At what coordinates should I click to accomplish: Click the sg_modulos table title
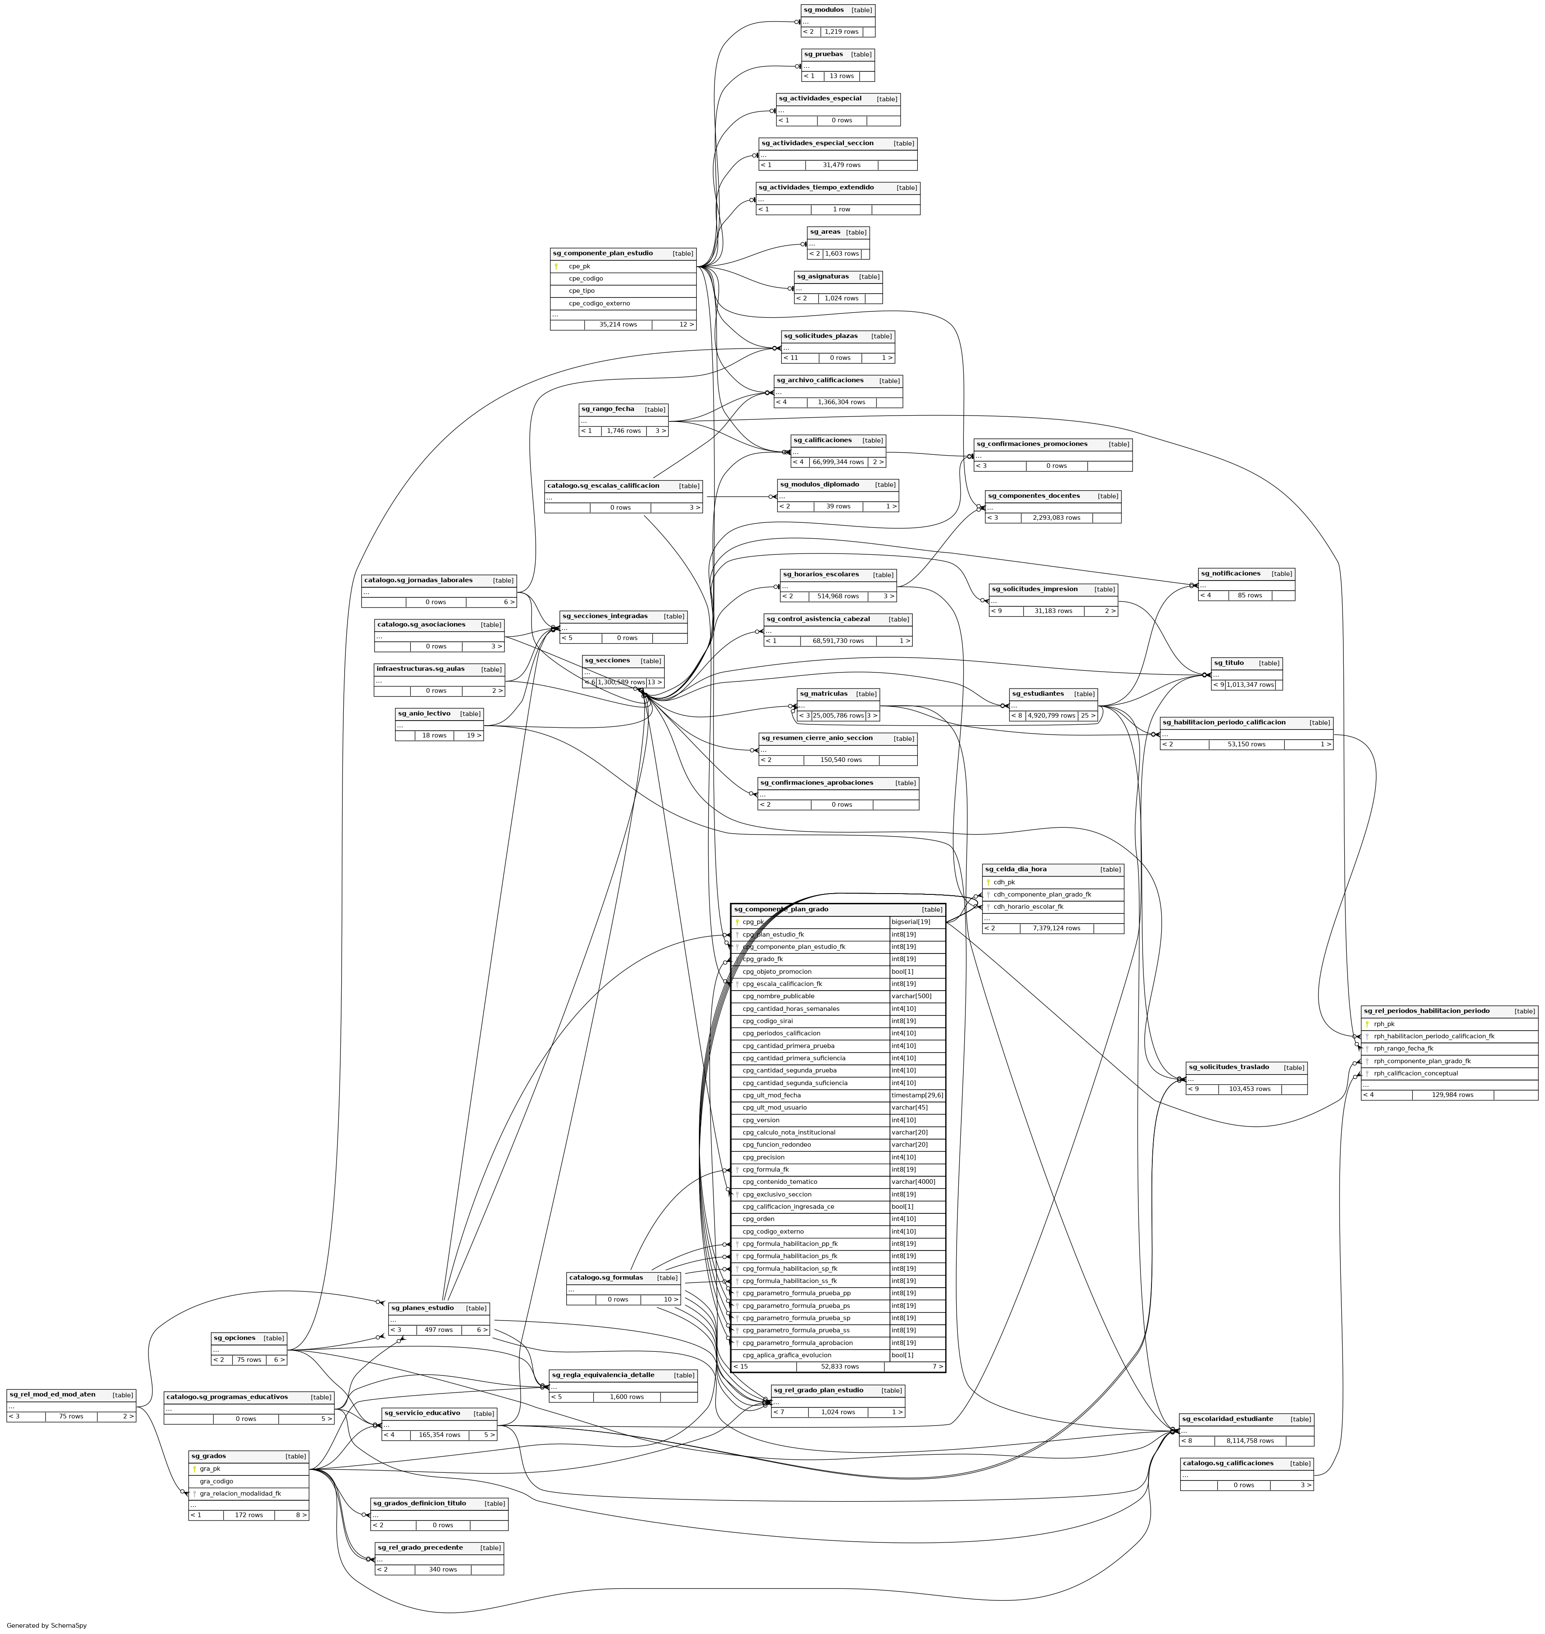[824, 10]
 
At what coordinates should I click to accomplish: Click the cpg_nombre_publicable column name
[778, 997]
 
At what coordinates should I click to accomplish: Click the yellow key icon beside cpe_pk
[556, 266]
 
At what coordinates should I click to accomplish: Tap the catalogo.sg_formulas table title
[606, 1278]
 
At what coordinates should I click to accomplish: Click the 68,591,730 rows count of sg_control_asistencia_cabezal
[839, 641]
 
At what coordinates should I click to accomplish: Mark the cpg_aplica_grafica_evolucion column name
[787, 1355]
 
